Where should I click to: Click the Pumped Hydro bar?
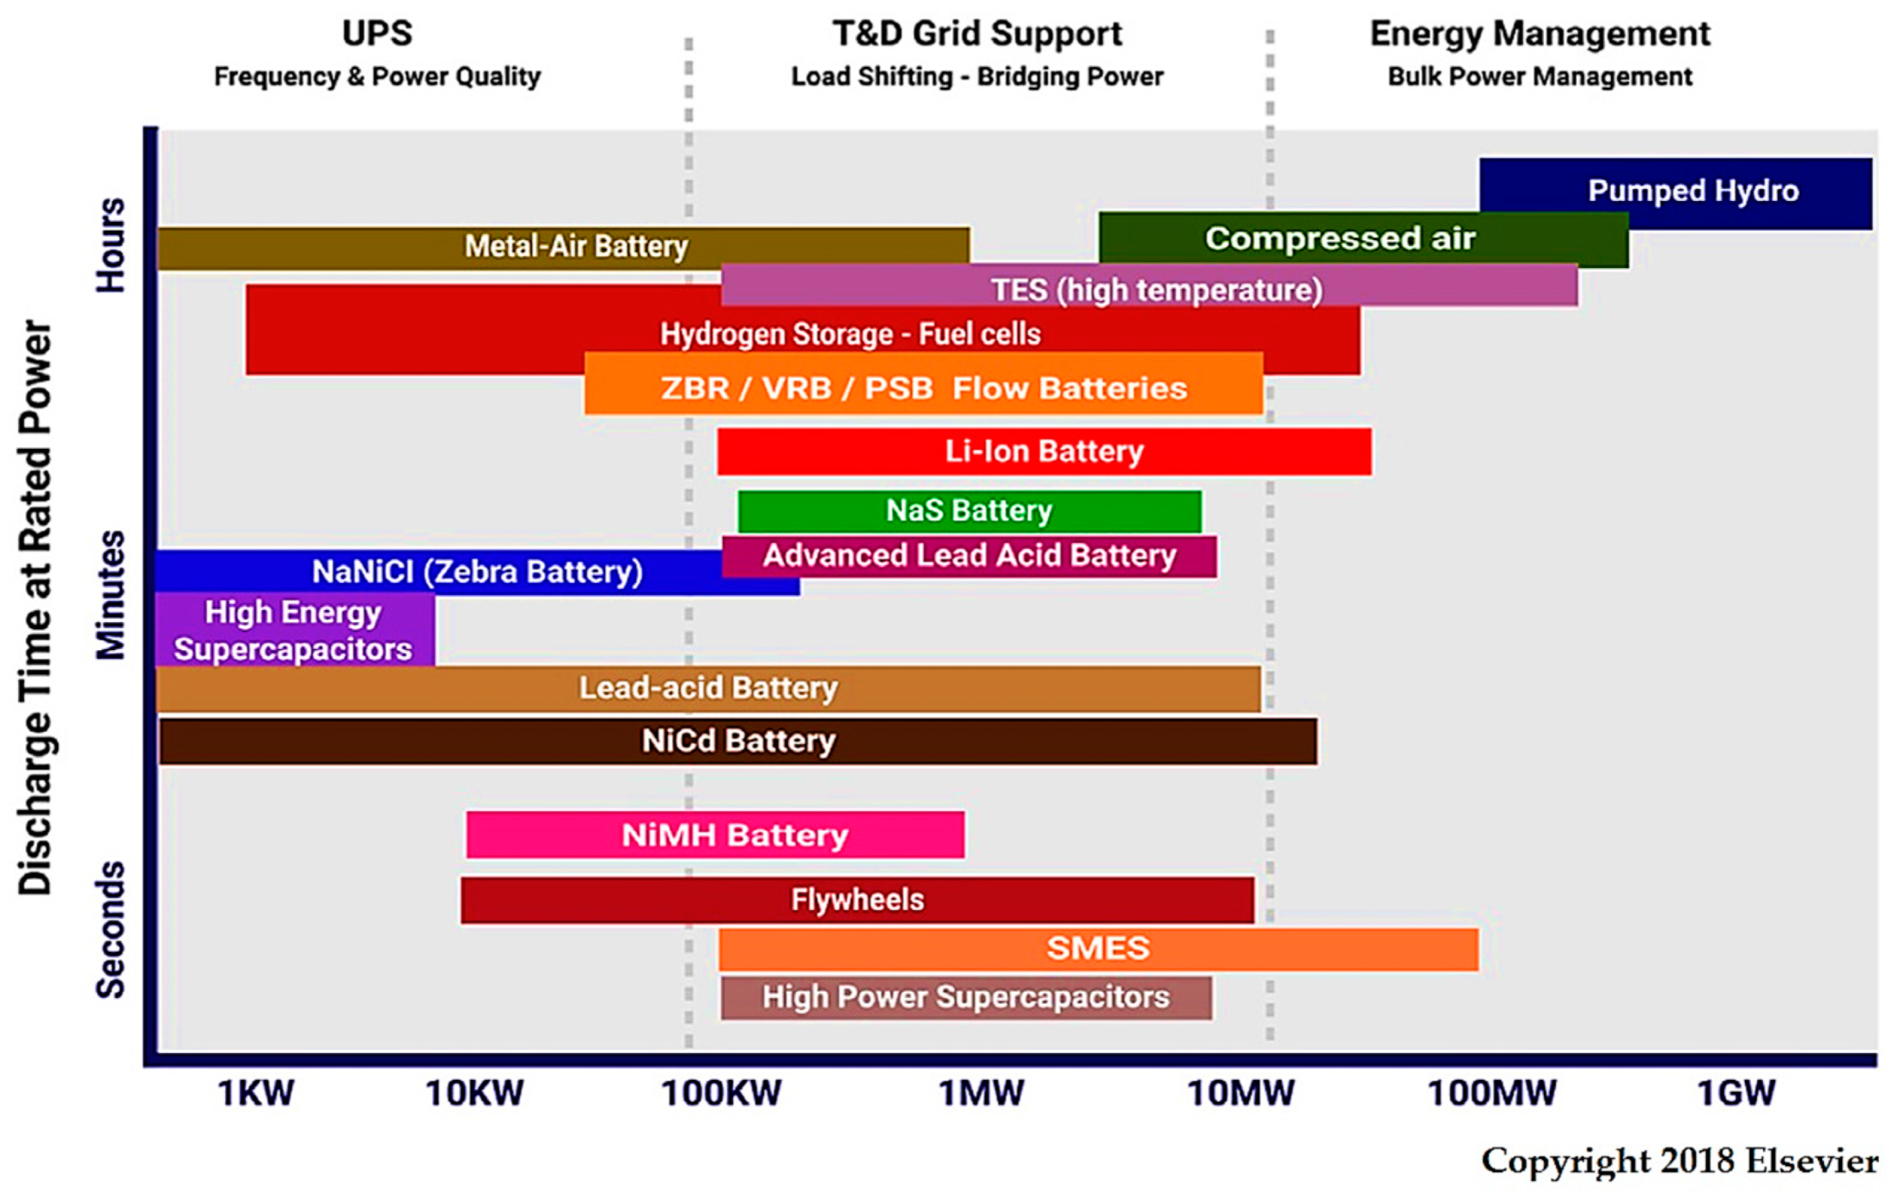(1674, 192)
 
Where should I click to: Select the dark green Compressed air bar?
(1363, 238)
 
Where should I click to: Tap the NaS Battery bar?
(969, 511)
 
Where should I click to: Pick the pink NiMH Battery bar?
(714, 834)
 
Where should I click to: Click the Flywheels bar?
(857, 900)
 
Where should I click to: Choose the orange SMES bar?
(1098, 948)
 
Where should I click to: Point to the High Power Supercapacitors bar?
(965, 997)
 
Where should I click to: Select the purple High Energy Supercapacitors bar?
(294, 630)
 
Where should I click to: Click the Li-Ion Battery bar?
(1044, 452)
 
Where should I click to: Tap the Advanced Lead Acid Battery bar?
(969, 556)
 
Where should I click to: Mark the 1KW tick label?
(256, 1093)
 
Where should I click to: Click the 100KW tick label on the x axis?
(721, 1093)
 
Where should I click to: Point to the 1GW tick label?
(1736, 1093)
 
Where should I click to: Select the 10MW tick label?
(1240, 1093)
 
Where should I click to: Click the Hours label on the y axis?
(110, 245)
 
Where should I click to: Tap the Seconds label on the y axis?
(110, 929)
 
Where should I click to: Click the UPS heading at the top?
(377, 34)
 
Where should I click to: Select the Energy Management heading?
(1540, 34)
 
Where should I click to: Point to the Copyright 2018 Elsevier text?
(1679, 1162)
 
